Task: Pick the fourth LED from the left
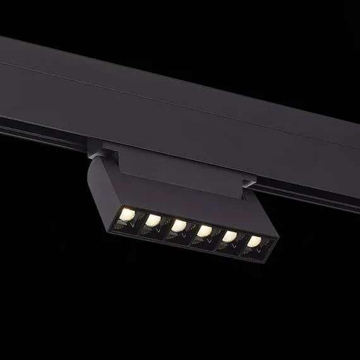pos(204,231)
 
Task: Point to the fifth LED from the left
pos(229,236)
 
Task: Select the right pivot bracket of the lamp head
pos(248,185)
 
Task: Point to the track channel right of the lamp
pos(303,189)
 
